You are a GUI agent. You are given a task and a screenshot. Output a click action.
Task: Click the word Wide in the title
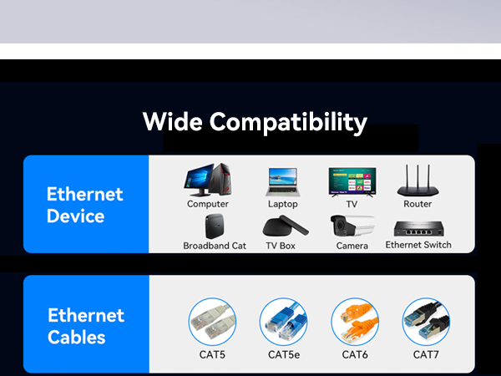pos(172,122)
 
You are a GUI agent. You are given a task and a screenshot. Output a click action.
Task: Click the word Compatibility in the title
pos(288,123)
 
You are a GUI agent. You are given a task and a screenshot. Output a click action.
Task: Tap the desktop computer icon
pos(207,180)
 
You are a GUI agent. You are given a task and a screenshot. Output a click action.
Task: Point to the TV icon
pos(352,180)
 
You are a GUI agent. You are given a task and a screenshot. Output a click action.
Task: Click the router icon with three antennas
pos(417,180)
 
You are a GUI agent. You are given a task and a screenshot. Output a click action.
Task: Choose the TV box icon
pos(281,226)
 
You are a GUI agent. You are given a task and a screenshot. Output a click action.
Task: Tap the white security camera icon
pos(352,226)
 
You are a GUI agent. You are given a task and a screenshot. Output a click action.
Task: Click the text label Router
pos(417,204)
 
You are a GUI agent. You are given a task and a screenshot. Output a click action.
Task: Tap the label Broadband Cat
pos(215,246)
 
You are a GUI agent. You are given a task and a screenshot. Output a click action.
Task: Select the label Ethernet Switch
pos(417,245)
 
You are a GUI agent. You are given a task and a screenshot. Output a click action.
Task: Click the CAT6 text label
pos(356,355)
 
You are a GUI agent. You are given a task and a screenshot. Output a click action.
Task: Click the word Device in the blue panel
pos(75,216)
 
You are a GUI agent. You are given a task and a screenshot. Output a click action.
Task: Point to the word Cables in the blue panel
pos(77,338)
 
